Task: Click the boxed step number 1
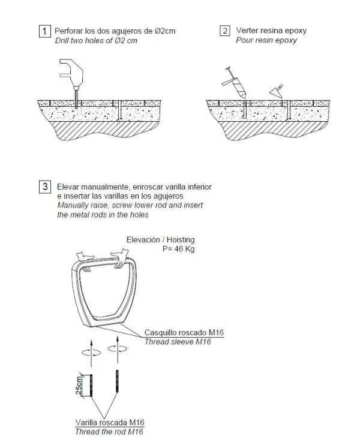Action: pos(45,31)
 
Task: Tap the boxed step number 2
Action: pos(224,31)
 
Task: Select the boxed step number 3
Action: pos(45,187)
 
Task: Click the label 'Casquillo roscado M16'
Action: pos(184,332)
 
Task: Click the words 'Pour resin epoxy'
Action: pos(266,41)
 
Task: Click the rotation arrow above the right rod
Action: pos(115,348)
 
